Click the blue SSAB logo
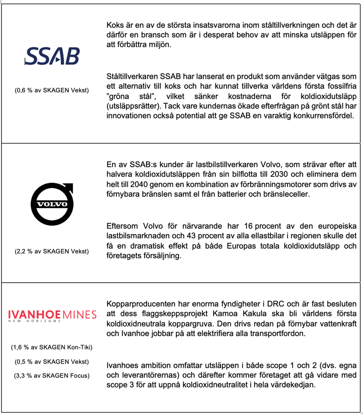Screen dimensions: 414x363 tap(52, 56)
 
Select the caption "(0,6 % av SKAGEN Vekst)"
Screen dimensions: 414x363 tap(52, 90)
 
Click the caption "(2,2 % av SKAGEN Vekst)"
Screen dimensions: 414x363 tap(52, 251)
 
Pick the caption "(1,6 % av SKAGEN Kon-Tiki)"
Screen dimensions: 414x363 tap(52, 347)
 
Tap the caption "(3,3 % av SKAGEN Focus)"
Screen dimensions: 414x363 tap(52, 376)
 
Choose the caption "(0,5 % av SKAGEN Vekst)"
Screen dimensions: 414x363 tap(52, 362)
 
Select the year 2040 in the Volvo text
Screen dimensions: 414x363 tap(141, 184)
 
